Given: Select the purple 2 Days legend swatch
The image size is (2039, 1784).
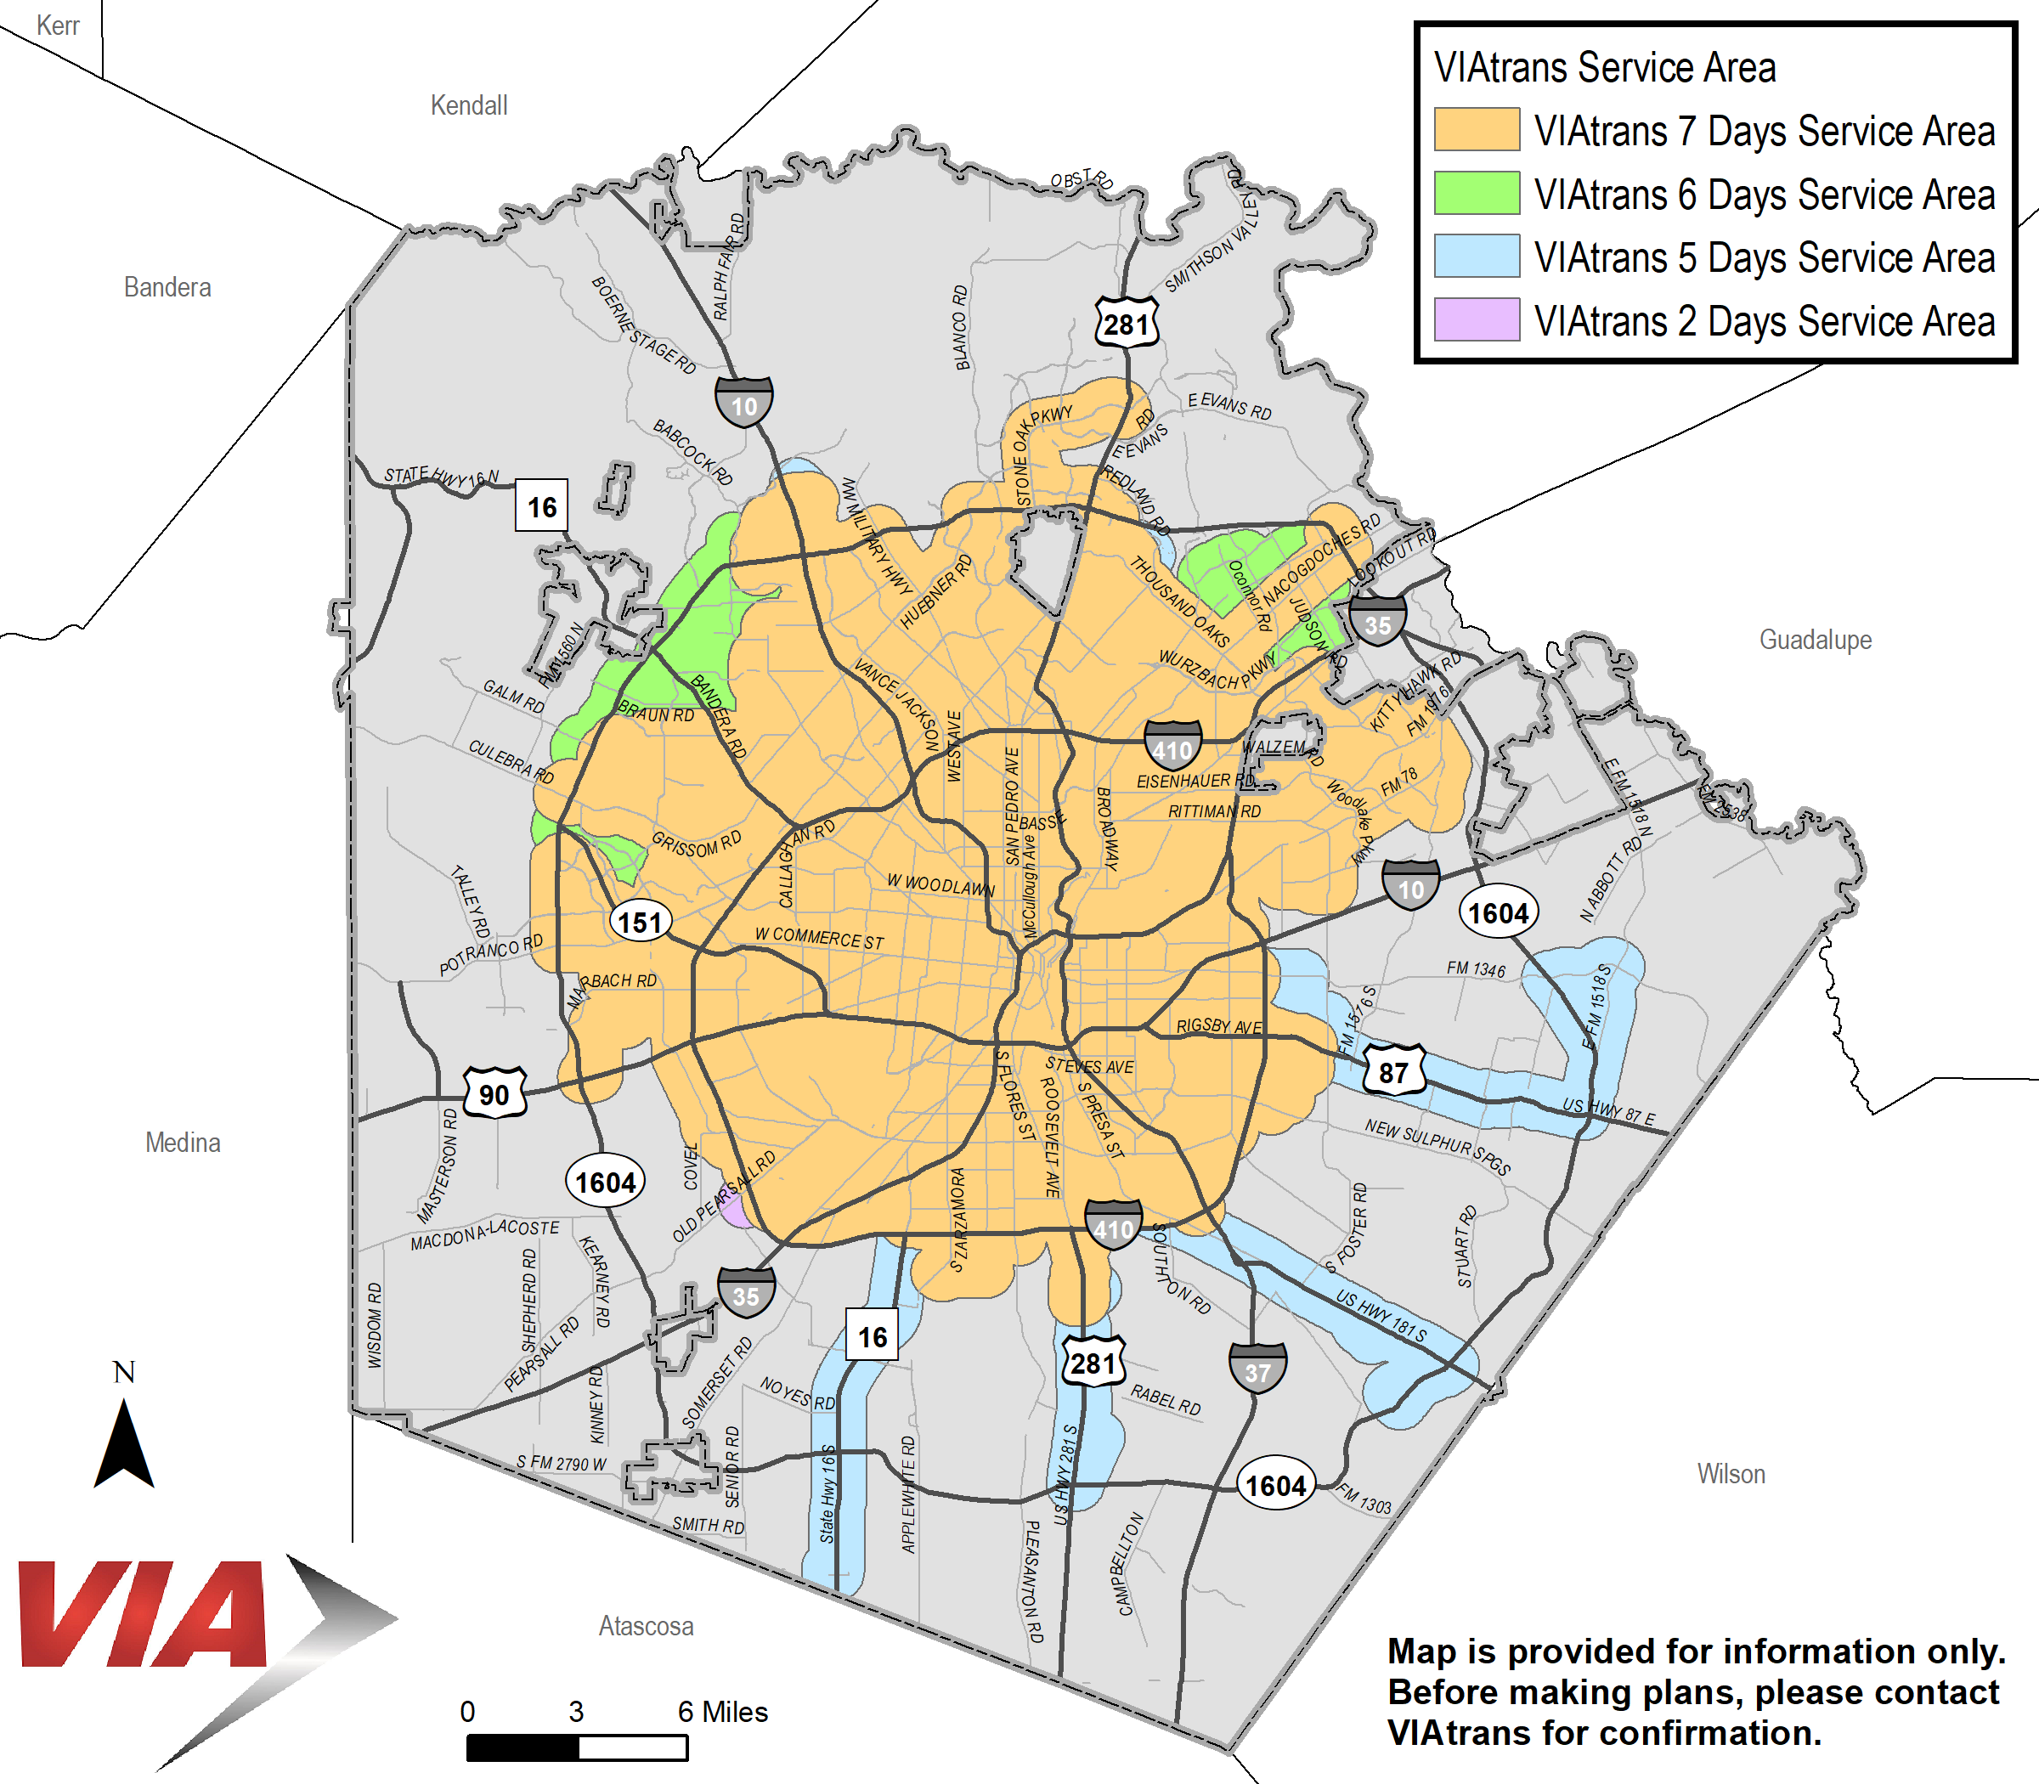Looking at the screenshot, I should coord(1476,319).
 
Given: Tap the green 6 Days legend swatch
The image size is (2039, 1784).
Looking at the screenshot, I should coord(1476,193).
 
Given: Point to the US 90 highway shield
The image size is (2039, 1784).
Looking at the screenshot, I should coord(494,1093).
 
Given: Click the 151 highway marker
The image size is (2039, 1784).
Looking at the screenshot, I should coord(639,922).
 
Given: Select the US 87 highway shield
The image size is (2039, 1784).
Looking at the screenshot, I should coord(1392,1070).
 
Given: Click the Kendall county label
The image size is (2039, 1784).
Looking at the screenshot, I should coord(468,105).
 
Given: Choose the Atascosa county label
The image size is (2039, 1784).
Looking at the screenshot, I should coord(645,1626).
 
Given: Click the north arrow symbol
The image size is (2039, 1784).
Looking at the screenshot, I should coord(123,1443).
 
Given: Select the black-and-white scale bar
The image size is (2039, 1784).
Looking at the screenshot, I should coord(577,1747).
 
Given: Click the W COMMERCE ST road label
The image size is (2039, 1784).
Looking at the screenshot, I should coord(818,938).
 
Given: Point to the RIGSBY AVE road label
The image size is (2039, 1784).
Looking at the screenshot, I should coord(1217,1025).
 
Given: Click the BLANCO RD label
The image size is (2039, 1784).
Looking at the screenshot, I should coord(960,328).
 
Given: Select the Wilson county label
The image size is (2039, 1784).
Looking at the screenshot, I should coord(1731,1473).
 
